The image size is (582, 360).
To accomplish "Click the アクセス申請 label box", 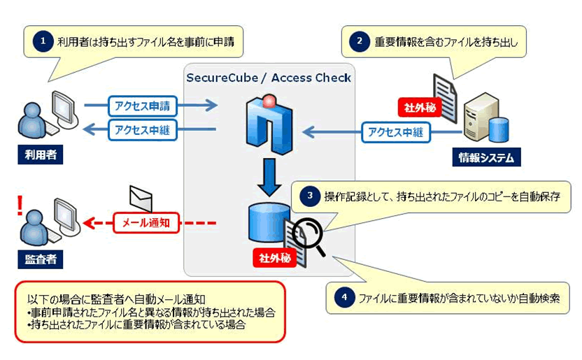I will (143, 106).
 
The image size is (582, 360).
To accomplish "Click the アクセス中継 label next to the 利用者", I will (143, 129).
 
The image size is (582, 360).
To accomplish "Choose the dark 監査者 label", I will (37, 259).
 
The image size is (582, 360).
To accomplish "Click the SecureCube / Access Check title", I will (268, 78).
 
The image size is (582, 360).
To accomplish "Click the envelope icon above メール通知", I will (141, 198).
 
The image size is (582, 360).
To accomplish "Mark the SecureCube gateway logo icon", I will (269, 126).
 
